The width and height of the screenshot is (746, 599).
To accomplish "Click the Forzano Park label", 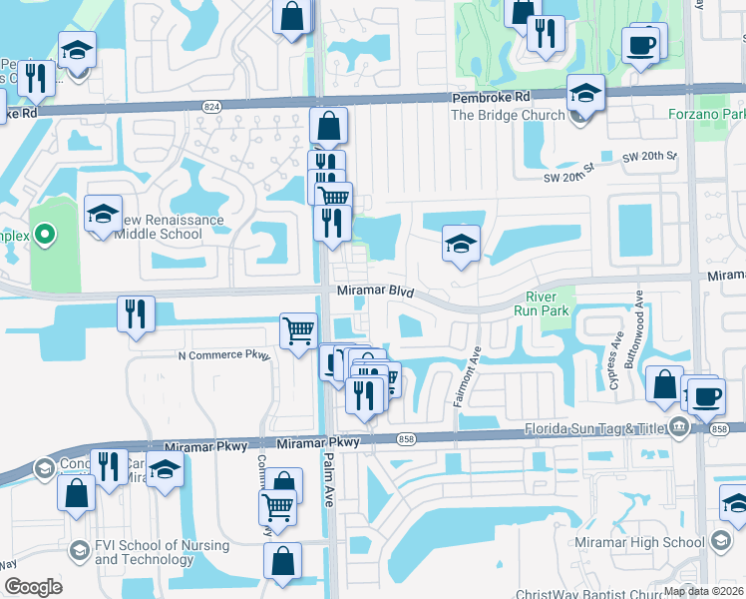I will tap(706, 114).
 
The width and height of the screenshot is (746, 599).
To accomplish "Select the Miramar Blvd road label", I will tap(374, 291).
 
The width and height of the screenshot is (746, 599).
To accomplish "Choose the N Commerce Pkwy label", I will tap(223, 355).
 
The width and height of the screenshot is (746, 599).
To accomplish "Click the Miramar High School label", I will tap(640, 542).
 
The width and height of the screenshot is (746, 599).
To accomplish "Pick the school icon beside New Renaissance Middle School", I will tap(102, 215).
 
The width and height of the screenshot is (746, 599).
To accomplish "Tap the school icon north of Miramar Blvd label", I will tap(460, 244).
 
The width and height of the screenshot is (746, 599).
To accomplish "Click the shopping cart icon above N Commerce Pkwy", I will tap(298, 331).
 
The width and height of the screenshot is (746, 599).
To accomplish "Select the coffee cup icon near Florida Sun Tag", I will tap(706, 395).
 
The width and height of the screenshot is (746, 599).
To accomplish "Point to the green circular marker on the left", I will tap(44, 236).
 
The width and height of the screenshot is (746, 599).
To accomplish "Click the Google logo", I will tap(33, 587).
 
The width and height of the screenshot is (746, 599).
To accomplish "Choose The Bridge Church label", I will tap(507, 115).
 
